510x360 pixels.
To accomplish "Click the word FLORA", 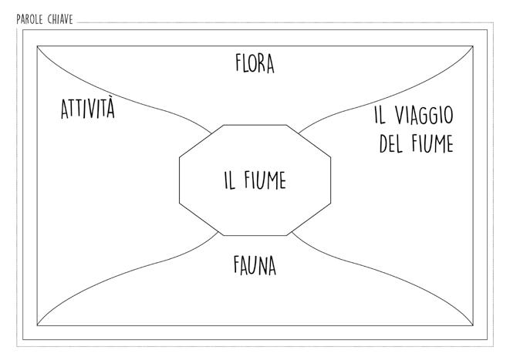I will pos(255,63).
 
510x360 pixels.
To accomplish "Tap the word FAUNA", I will pos(255,265).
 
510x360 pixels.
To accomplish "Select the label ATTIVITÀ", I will pos(87,109).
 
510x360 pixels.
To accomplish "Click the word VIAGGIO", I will pos(424,116).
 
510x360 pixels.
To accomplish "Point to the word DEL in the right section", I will pos(391,144).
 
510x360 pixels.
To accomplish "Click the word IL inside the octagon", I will pos(228,181).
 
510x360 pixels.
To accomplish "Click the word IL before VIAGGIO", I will pos(379,116).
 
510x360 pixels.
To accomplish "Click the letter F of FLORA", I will pos(239,63).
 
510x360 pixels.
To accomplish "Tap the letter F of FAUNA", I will pos(237,265).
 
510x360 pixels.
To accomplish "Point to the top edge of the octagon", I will pos(255,124).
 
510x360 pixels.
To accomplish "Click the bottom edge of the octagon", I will pos(255,234).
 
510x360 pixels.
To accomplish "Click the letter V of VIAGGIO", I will pos(399,116).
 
